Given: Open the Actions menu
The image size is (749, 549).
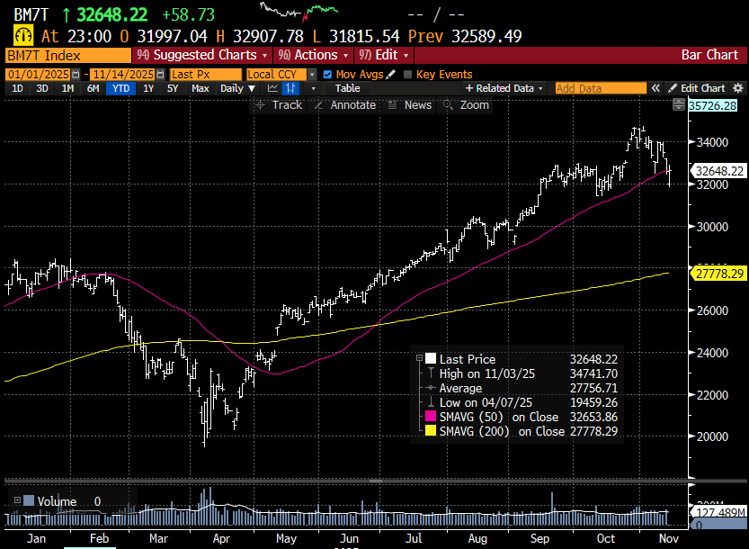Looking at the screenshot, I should tap(315, 55).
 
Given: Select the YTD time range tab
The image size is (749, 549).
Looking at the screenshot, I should tap(118, 88).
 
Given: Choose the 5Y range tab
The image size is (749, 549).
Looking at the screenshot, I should tap(173, 88).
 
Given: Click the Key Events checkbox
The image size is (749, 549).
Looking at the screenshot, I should tap(408, 74).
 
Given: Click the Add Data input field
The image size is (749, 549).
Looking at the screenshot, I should tap(601, 88).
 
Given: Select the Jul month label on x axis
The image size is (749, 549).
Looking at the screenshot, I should tap(415, 539).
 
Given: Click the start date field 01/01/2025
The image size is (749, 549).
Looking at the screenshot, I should tap(38, 74).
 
